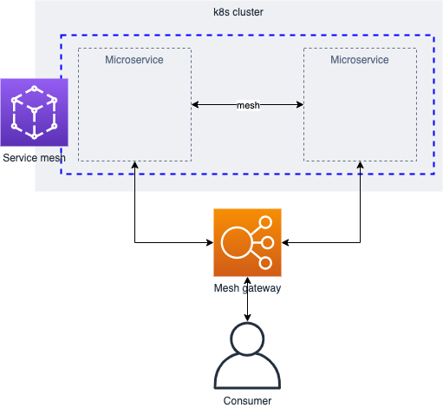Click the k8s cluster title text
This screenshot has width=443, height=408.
click(238, 12)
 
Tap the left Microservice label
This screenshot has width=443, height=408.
click(134, 60)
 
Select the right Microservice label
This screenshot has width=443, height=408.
click(360, 60)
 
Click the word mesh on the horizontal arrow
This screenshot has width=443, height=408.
click(248, 105)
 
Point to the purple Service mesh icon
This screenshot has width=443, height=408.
click(35, 112)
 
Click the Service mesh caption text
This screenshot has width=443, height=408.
click(34, 158)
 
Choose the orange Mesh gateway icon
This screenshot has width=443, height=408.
click(247, 242)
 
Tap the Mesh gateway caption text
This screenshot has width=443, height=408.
click(247, 288)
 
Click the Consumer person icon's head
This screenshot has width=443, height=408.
click(247, 339)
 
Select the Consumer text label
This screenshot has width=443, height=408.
click(247, 401)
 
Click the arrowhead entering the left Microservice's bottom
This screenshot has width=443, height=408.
click(134, 165)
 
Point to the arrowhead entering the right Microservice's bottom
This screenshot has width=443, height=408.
click(360, 165)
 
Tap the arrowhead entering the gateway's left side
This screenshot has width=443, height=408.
click(210, 242)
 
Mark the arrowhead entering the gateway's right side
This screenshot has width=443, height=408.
click(285, 242)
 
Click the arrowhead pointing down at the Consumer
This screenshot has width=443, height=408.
click(247, 318)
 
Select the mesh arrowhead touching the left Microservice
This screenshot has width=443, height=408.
click(195, 104)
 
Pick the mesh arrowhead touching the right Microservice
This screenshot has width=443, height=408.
click(300, 104)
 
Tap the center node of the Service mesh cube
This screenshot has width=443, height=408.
click(35, 110)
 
